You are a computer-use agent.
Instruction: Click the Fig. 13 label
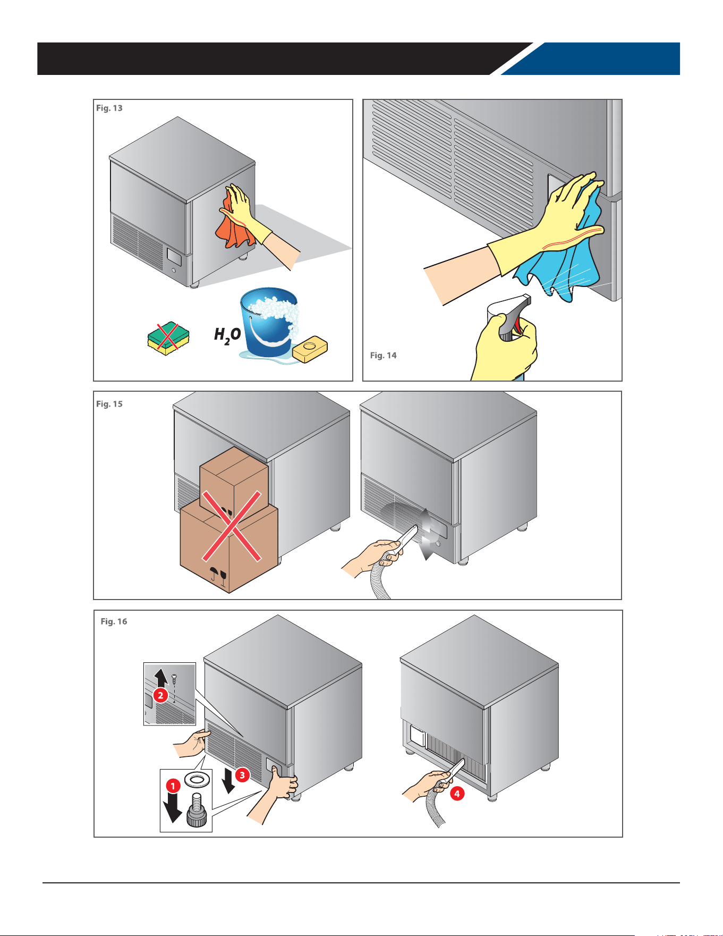(109, 108)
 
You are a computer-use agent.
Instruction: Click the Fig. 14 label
(384, 356)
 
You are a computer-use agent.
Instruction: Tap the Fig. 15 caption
(109, 404)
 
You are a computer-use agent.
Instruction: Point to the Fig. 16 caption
(114, 621)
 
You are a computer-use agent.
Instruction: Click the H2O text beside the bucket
(227, 335)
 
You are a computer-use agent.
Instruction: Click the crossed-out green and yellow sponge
(168, 338)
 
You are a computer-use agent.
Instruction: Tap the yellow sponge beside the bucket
(310, 349)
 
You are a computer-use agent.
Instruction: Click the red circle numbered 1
(173, 785)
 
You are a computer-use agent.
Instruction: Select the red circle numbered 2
(160, 695)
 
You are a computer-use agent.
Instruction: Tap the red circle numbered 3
(242, 775)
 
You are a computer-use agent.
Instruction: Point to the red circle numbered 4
(457, 794)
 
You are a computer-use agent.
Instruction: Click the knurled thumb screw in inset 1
(197, 811)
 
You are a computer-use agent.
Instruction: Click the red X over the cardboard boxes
(232, 526)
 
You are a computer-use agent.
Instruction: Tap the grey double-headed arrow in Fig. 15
(427, 534)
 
